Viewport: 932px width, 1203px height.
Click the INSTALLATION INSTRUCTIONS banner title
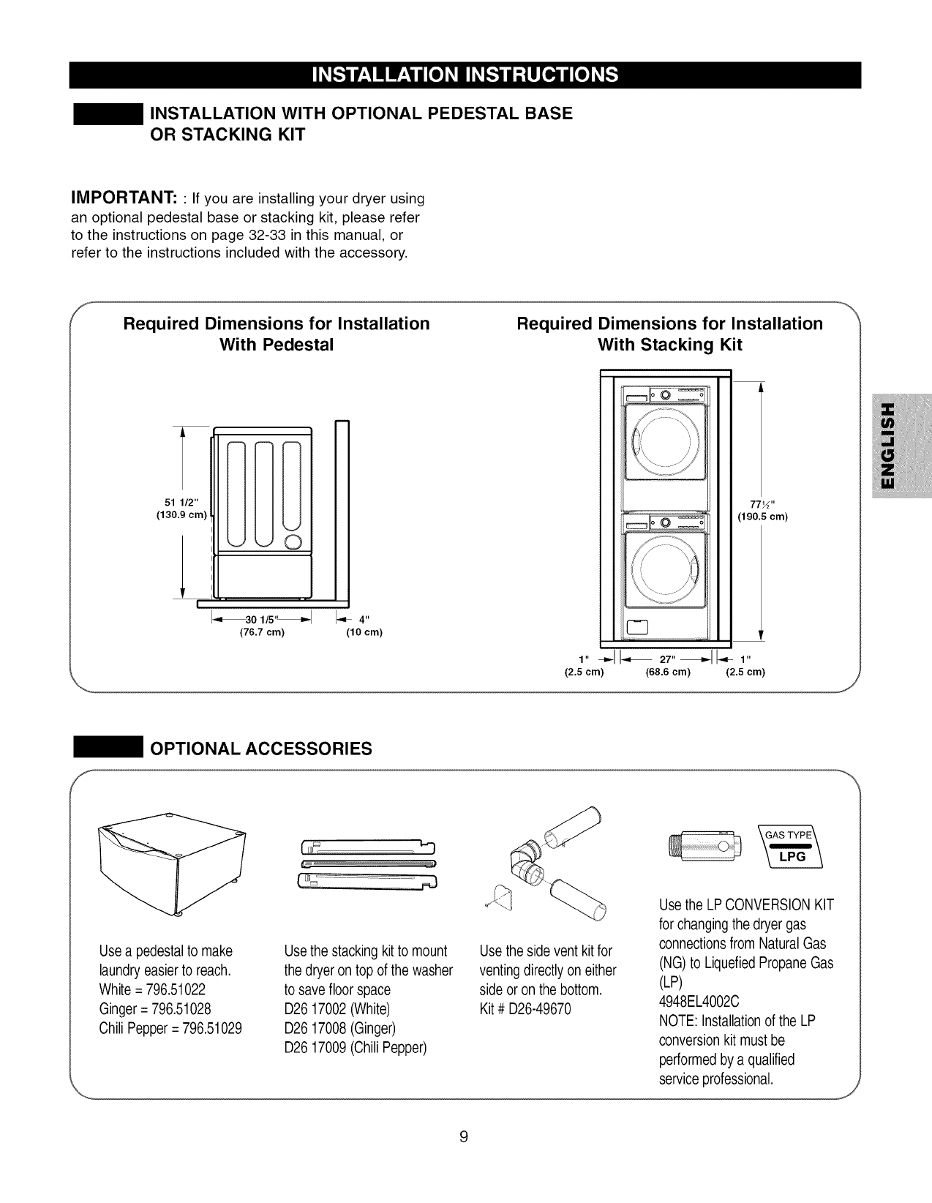tap(465, 75)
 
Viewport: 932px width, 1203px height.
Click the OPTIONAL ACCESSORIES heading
tap(260, 749)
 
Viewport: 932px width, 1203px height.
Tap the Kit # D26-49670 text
tap(525, 1009)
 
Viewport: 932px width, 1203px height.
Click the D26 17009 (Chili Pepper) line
tap(355, 1047)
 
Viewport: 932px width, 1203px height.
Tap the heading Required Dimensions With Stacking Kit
tap(669, 334)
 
